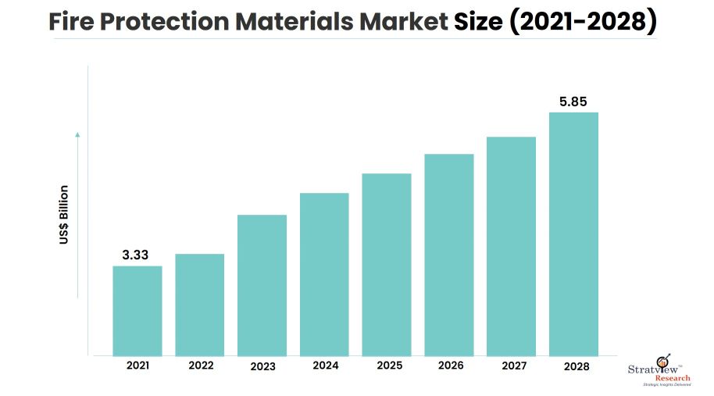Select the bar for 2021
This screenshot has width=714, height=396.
tap(137, 311)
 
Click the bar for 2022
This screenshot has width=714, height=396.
tap(199, 305)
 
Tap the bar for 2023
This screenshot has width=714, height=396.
tap(262, 285)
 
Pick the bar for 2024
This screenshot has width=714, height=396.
tap(324, 274)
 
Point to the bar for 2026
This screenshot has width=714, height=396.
tap(449, 255)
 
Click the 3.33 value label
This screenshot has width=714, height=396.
tap(135, 255)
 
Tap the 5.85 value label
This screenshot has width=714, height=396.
tap(573, 101)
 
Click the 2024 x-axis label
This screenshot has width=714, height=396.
tap(325, 365)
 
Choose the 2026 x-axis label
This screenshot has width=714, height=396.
tap(451, 365)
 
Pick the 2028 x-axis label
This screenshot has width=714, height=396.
tap(575, 365)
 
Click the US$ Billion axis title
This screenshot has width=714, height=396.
tap(64, 215)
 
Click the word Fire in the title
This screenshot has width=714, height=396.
tap(73, 23)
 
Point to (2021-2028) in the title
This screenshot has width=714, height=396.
tap(582, 23)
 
